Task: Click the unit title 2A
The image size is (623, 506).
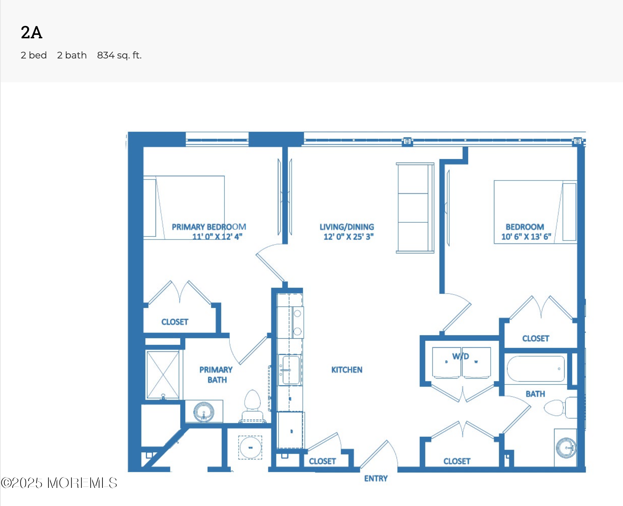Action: [x=32, y=33]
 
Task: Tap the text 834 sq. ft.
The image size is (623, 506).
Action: [x=119, y=55]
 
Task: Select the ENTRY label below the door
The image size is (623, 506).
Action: [x=376, y=478]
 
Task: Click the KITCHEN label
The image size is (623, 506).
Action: [x=346, y=370]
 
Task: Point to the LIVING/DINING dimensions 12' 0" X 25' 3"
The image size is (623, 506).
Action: [x=348, y=237]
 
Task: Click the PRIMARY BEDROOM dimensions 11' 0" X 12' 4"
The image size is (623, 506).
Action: [x=217, y=237]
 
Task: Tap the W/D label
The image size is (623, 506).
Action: [x=460, y=356]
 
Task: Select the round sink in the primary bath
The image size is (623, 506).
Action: [x=204, y=412]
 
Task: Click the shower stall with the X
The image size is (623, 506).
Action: [x=163, y=375]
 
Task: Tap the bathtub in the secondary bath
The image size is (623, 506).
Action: [x=536, y=369]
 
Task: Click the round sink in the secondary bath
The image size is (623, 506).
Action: [x=566, y=448]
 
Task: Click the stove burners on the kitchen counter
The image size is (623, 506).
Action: [x=297, y=322]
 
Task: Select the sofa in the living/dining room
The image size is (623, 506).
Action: [x=415, y=208]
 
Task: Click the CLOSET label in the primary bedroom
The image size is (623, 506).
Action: [x=174, y=322]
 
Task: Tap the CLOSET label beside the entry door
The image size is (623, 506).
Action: [x=322, y=461]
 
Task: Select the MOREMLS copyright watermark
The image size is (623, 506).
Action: [x=59, y=483]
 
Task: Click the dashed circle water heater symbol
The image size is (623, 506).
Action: [x=250, y=447]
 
